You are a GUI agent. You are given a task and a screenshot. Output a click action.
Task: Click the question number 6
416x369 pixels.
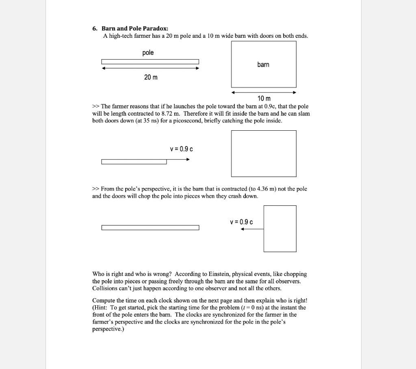point(94,28)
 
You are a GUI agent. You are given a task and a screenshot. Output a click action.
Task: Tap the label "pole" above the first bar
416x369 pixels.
point(148,53)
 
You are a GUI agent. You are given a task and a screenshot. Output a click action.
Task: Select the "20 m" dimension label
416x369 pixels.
point(151,77)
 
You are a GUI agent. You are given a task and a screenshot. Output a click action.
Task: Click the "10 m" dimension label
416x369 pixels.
point(264,99)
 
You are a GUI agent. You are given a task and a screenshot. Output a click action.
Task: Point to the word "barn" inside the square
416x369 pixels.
point(263,65)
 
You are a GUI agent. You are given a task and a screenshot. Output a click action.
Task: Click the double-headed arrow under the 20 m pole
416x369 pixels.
point(150,68)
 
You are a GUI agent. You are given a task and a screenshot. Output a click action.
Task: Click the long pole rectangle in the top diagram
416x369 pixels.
point(150,62)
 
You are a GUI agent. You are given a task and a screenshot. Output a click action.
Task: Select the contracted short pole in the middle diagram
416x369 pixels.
point(134,162)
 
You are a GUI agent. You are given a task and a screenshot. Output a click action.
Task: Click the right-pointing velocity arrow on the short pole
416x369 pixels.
point(178,160)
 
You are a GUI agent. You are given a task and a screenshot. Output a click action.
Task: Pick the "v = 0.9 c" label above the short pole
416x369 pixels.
point(181,149)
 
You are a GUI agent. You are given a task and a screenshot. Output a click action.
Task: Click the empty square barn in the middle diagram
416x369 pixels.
point(264,153)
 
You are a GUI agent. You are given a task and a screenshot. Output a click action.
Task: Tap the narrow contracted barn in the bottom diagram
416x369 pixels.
point(280,229)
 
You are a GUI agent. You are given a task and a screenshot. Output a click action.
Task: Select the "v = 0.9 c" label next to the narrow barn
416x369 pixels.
point(241,222)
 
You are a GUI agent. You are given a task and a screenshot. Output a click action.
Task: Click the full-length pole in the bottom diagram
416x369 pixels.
point(150,228)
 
